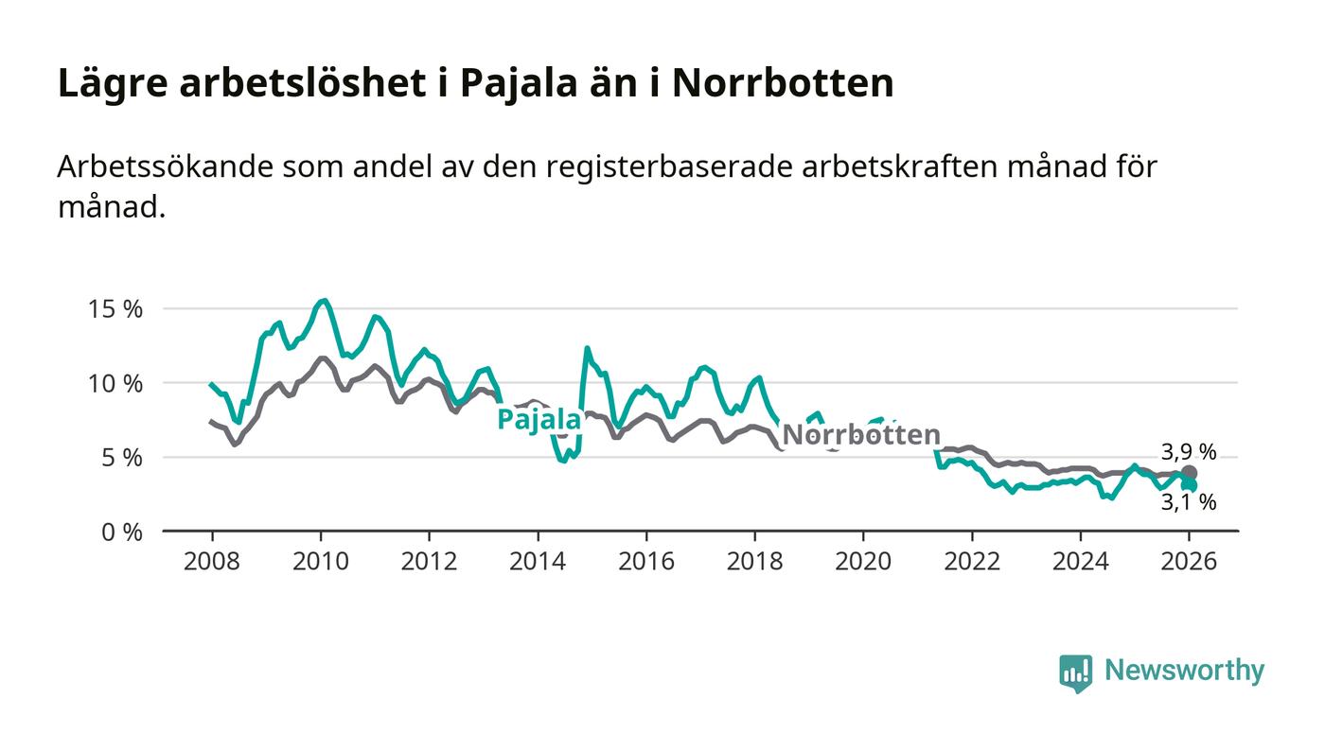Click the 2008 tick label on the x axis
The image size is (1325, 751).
point(211,561)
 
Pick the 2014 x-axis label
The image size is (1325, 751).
point(538,561)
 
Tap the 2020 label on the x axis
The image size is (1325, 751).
point(863,561)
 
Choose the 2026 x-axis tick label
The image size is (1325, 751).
point(1189,561)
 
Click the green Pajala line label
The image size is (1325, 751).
point(539,420)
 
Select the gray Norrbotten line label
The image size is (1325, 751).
point(861,435)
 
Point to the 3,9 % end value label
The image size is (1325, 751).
point(1189,451)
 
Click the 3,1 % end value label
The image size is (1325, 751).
point(1189,503)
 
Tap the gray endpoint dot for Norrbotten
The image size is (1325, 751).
point(1190,473)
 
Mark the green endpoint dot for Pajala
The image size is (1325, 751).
point(1191,485)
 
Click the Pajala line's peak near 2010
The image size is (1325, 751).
point(324,301)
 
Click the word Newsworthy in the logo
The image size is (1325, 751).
point(1184,671)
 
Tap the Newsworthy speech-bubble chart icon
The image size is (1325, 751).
point(1075,672)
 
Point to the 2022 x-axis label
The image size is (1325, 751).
point(972,561)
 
